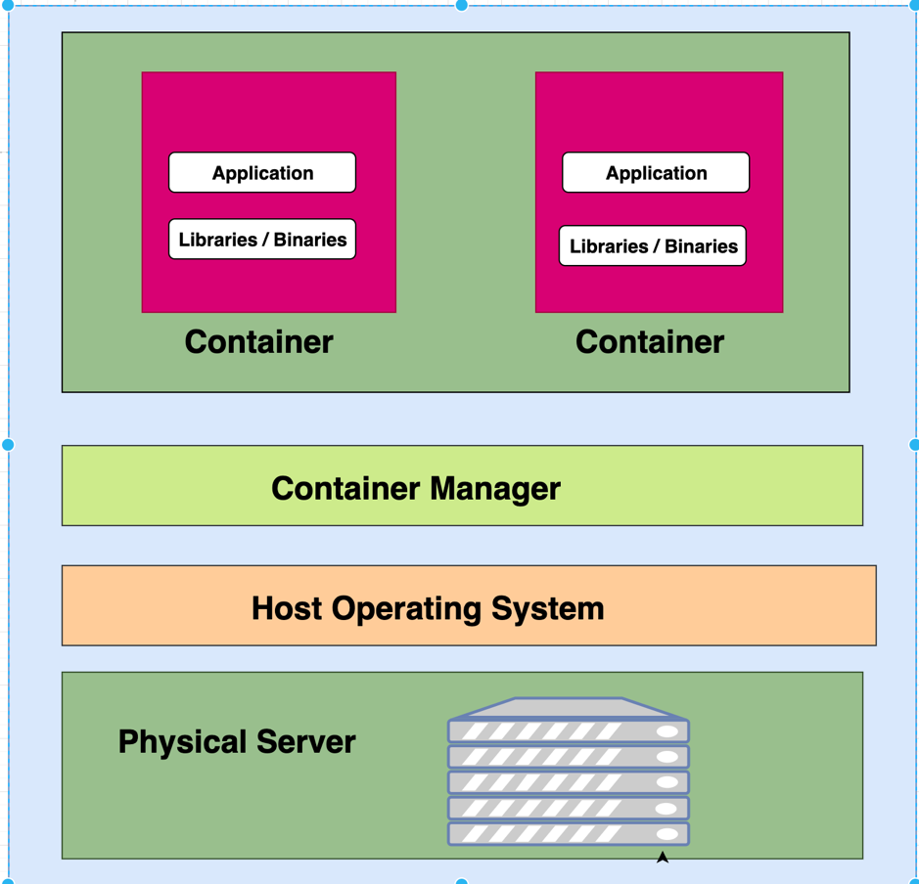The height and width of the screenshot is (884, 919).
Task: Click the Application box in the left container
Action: (x=262, y=173)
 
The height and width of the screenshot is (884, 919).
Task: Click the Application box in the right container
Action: (x=656, y=173)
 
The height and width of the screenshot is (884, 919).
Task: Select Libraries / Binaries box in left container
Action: (x=262, y=240)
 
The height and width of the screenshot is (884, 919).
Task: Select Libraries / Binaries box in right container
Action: (x=653, y=246)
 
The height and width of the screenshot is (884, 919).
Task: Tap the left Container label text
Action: (x=258, y=342)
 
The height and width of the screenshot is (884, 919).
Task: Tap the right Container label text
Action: (x=650, y=342)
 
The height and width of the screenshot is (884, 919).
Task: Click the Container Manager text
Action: (x=415, y=488)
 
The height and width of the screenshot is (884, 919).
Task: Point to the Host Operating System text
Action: (x=428, y=608)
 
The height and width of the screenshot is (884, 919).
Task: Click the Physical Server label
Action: (x=236, y=741)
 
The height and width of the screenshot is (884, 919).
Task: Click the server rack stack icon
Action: (x=569, y=773)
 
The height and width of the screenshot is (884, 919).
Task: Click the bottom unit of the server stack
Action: (x=569, y=834)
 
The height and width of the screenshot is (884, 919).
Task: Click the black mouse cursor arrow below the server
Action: (x=663, y=858)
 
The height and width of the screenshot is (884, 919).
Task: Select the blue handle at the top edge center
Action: (x=462, y=5)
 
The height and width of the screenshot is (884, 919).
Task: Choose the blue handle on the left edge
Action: (x=8, y=445)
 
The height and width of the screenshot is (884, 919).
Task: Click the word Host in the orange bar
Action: (x=287, y=608)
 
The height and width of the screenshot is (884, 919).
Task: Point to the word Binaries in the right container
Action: (x=701, y=246)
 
